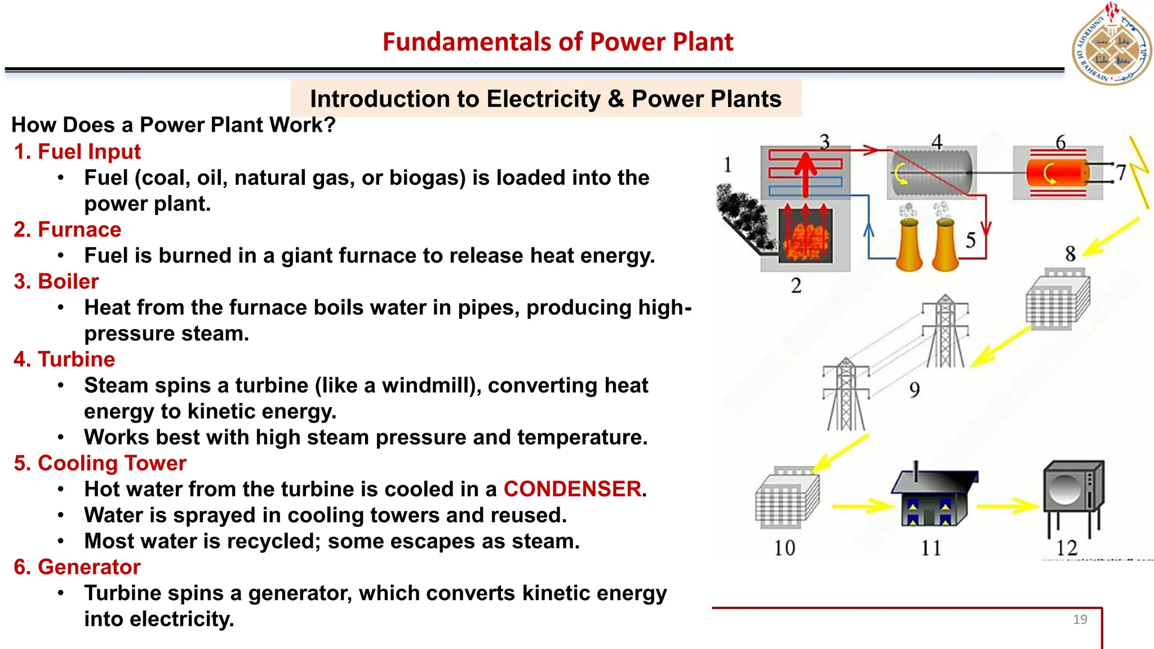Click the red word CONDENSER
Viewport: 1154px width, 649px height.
click(x=572, y=489)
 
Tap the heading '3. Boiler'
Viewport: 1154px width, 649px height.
click(x=56, y=281)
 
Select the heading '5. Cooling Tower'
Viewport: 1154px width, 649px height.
click(x=100, y=463)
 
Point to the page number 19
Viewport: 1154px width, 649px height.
click(x=1080, y=619)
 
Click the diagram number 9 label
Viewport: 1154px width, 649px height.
click(x=915, y=389)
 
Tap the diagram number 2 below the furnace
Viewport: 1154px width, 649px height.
click(x=796, y=286)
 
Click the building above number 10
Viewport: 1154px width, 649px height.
click(x=787, y=498)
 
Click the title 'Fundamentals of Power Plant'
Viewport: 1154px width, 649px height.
click(x=557, y=42)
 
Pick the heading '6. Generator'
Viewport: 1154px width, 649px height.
click(x=77, y=567)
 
